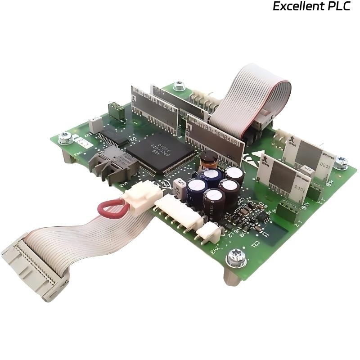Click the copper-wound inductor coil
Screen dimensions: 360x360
[x=208, y=158]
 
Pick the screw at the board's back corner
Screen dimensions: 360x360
[x=180, y=85]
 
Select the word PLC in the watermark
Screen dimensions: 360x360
[x=338, y=7]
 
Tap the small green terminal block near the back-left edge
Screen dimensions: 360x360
[x=116, y=111]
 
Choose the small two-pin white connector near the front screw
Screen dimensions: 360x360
[x=210, y=233]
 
